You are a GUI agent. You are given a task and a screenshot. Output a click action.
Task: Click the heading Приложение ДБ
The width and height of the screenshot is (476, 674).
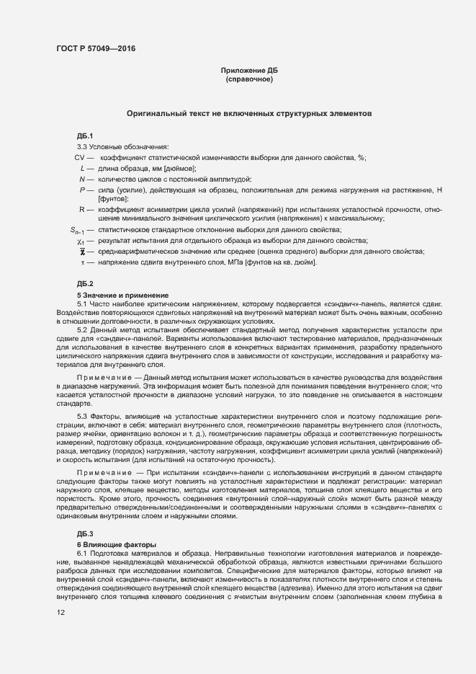248,70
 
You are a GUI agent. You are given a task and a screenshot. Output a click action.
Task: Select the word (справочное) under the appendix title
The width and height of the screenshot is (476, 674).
248,79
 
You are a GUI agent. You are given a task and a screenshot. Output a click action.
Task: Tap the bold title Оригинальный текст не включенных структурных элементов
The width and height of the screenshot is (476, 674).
248,114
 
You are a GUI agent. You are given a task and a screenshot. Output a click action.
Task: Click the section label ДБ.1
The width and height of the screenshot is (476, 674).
85,136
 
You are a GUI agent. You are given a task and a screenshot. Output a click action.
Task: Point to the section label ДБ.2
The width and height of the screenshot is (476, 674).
85,284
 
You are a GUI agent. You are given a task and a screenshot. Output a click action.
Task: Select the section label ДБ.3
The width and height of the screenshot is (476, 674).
85,533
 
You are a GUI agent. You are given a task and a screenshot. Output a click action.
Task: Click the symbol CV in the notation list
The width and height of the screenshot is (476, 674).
80,157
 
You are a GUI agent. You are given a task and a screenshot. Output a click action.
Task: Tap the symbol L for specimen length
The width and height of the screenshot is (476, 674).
84,167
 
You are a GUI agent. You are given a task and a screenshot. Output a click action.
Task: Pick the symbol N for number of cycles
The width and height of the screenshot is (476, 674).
83,178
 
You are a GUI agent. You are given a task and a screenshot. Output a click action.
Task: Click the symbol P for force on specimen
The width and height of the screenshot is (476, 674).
84,188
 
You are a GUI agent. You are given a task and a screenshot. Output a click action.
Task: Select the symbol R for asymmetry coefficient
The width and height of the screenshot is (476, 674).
83,209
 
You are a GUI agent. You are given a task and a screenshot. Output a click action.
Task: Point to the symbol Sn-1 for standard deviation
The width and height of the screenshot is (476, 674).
77,231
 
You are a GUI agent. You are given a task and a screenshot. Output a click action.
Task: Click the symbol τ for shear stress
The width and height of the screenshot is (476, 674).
83,262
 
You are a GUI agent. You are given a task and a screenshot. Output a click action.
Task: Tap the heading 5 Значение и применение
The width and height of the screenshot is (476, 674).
122,296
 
